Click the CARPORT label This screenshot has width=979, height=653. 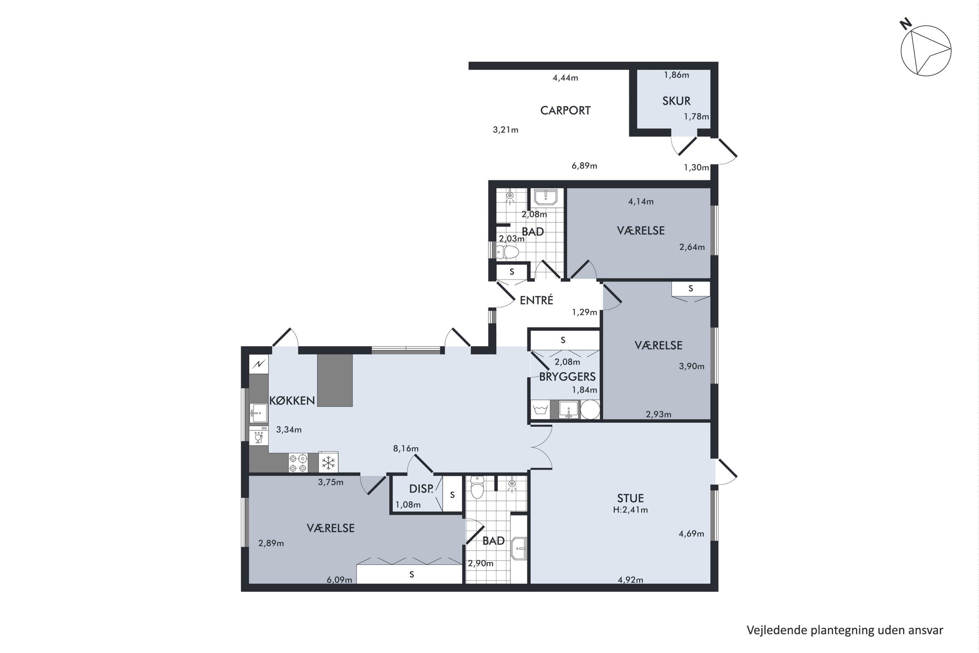(565, 110)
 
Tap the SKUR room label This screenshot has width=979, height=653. (676, 101)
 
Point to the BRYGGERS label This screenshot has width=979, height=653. (567, 376)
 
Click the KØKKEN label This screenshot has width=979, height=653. (292, 401)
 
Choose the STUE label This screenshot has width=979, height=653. (630, 498)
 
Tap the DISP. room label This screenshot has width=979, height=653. (421, 489)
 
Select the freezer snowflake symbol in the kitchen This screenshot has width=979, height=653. (328, 463)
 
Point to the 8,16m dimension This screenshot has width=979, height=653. (406, 449)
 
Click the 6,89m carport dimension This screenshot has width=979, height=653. (584, 166)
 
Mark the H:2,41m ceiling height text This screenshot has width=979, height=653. (630, 510)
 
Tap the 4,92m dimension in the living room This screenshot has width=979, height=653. (630, 580)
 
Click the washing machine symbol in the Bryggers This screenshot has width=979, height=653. (540, 410)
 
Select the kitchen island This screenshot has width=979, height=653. (335, 380)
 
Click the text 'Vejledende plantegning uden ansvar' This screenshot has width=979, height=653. (845, 630)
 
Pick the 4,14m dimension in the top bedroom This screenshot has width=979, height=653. (641, 201)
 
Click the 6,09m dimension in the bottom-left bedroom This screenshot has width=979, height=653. (339, 580)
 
